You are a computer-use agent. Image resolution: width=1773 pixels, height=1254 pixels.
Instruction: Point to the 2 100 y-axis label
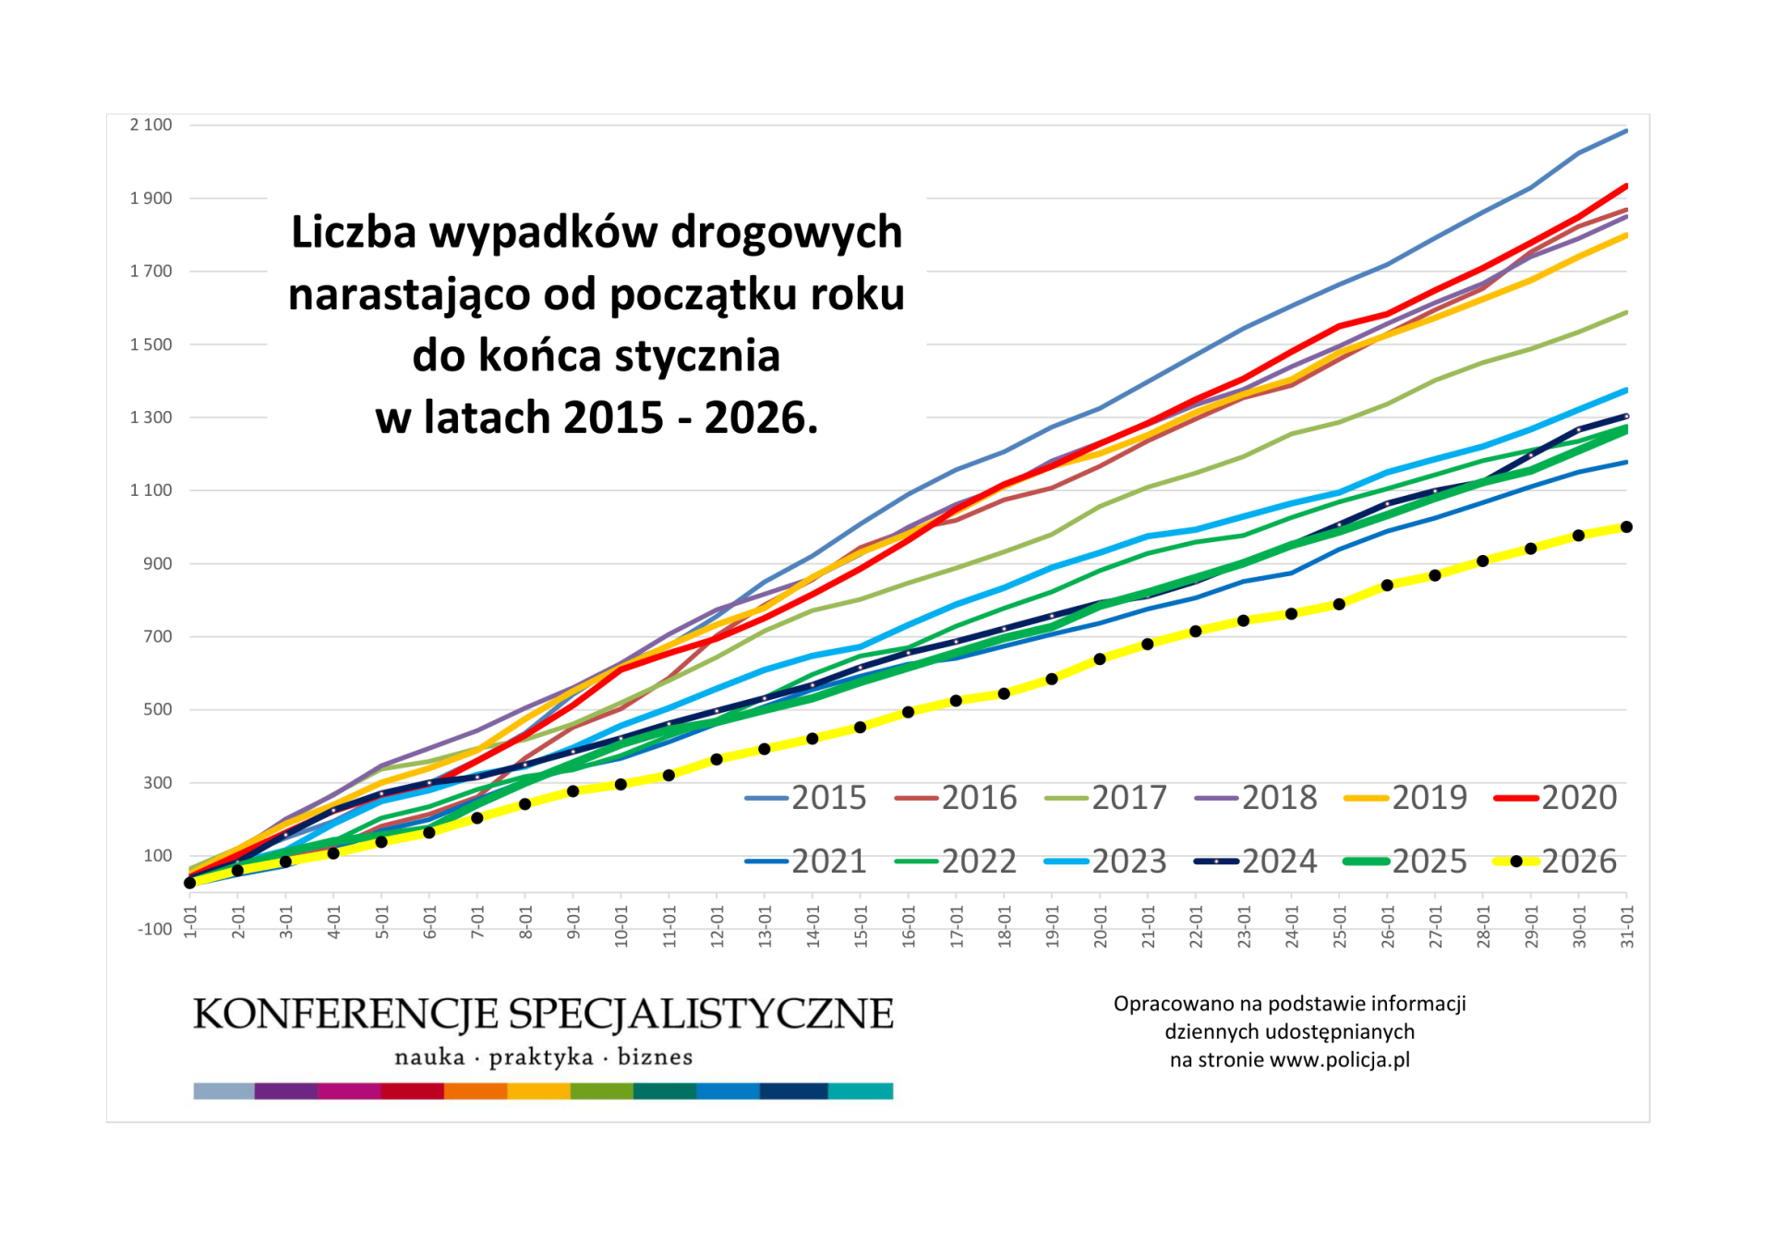point(151,125)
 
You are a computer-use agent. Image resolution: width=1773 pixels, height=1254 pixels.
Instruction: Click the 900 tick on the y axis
point(157,563)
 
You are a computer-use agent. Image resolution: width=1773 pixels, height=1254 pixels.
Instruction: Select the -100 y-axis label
point(154,929)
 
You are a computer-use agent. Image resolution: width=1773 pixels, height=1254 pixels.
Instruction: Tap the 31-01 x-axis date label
point(1627,926)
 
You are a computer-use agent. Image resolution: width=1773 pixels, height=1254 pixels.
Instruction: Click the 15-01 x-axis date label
point(861,926)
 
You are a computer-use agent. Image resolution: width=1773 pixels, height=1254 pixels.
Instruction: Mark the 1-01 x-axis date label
point(190,922)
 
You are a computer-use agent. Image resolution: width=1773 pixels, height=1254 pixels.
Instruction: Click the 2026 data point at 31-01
point(1626,527)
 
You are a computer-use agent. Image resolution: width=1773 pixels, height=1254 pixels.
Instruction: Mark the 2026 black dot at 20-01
point(1100,659)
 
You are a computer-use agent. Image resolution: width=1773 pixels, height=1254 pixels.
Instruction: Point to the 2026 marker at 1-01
point(190,883)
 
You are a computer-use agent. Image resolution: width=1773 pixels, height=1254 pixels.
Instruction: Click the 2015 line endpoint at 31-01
point(1626,131)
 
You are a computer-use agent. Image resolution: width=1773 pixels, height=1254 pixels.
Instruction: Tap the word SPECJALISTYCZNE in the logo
point(701,1014)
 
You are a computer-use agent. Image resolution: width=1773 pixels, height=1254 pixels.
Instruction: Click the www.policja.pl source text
point(1339,1060)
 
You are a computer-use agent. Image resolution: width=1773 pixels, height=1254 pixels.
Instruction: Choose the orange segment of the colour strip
point(476,1091)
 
